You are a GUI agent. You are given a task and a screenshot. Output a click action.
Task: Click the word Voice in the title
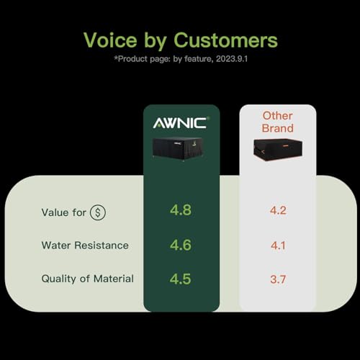tap(110, 40)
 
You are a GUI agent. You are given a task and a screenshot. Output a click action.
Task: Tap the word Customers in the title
tap(225, 40)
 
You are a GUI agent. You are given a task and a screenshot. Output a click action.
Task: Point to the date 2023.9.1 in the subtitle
tap(232, 59)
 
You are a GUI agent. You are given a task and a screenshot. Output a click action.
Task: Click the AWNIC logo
tap(181, 122)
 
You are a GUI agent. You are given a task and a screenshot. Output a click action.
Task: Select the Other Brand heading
tap(278, 122)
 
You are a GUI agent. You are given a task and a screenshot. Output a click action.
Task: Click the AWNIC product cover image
tap(178, 148)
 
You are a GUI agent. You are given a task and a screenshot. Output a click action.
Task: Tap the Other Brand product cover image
tap(278, 149)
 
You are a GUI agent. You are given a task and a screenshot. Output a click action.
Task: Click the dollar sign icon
tap(98, 212)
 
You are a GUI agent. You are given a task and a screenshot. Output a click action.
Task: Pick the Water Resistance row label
tap(85, 246)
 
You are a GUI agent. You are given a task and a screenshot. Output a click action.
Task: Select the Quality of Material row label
tap(87, 279)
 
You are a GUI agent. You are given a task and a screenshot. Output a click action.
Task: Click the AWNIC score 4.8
tap(181, 210)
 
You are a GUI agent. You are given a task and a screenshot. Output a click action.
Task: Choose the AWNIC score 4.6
tap(181, 245)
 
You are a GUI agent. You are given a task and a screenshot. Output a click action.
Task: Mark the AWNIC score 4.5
tap(181, 279)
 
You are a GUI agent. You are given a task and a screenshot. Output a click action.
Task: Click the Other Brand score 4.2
tap(278, 210)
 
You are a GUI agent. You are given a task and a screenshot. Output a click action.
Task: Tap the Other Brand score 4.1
tap(278, 246)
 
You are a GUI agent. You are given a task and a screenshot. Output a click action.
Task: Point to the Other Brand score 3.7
tap(278, 279)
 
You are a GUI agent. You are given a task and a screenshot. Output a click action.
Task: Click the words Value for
tap(63, 212)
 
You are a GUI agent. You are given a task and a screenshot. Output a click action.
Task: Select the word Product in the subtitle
tap(131, 59)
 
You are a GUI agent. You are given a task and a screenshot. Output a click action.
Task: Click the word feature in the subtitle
tap(199, 59)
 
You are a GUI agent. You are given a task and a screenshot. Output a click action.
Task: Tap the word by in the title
tap(156, 41)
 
